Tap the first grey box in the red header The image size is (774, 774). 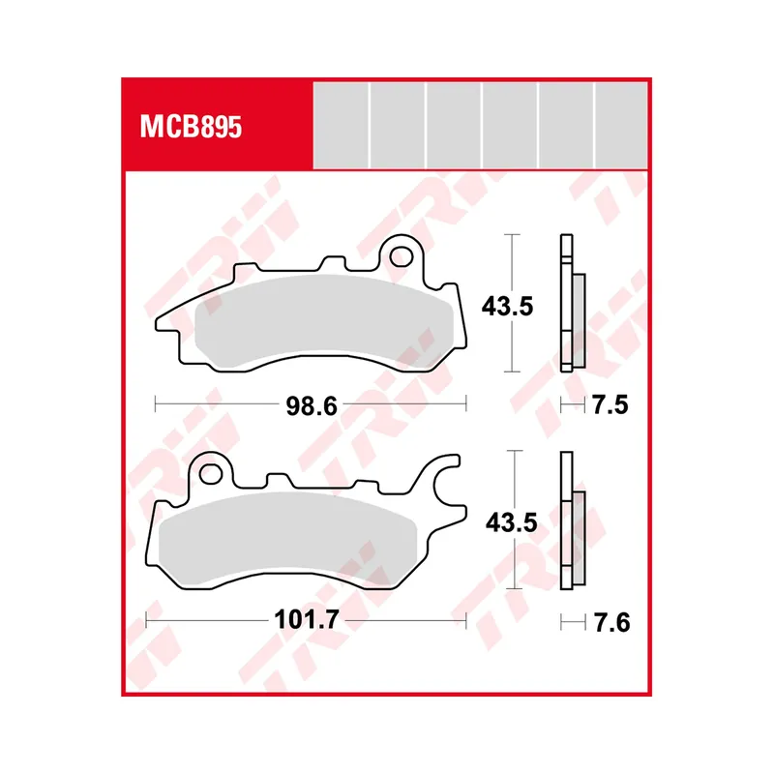point(341,125)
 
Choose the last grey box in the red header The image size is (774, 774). point(621,125)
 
